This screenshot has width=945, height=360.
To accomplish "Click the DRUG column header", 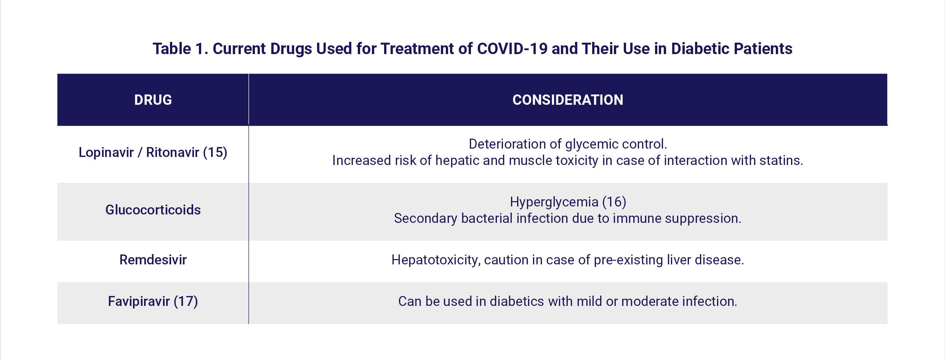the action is [x=153, y=100].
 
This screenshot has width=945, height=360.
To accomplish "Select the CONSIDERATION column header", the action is [x=568, y=100].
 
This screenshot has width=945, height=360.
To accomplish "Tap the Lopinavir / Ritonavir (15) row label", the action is [x=153, y=152].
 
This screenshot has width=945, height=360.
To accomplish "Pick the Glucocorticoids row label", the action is [x=153, y=210].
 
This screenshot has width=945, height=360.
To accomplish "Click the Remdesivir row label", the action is [x=153, y=260].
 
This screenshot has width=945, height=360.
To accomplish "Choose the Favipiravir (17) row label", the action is [x=153, y=301].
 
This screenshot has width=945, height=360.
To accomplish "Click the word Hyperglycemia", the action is [x=554, y=202].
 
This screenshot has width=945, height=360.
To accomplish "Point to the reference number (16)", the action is [x=614, y=202].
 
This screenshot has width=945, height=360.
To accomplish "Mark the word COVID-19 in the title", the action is [x=512, y=49].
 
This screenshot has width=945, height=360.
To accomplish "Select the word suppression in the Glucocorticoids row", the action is [x=703, y=219].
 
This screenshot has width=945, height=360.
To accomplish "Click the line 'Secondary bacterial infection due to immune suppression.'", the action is [x=568, y=219].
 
